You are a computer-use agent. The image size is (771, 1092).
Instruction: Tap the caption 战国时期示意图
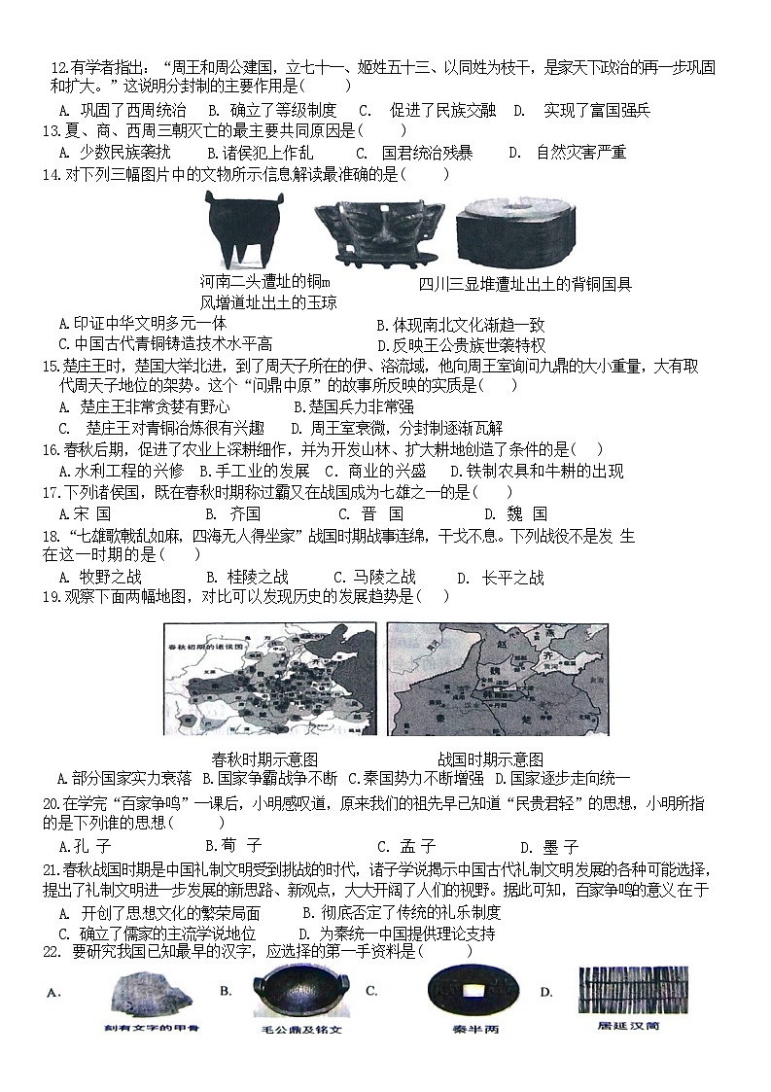click(x=490, y=759)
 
